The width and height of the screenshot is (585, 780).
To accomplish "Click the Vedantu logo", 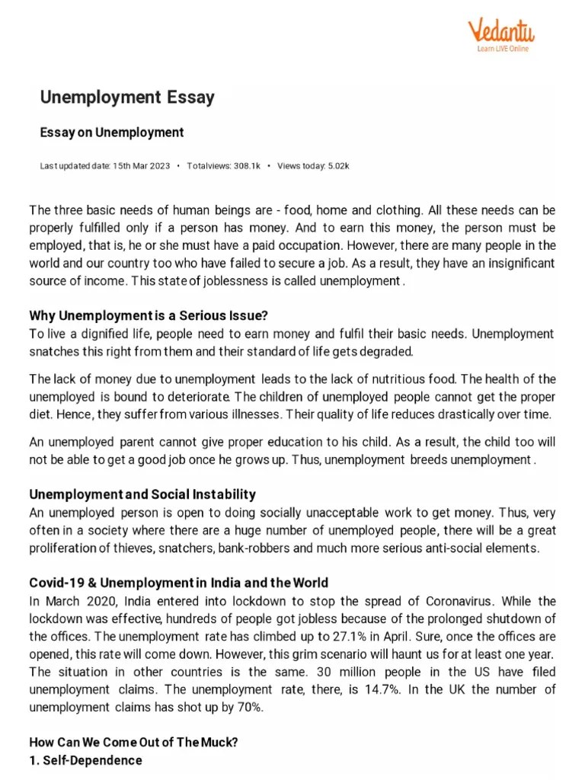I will click(x=500, y=33).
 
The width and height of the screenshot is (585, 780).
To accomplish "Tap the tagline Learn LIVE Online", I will click(x=502, y=50).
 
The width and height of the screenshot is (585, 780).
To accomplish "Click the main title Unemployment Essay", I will click(x=127, y=97).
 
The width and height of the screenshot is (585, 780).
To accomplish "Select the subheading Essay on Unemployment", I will click(x=112, y=133).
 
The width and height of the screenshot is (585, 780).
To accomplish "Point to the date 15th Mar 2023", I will click(x=140, y=165).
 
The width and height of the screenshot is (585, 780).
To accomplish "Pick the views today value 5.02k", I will click(x=338, y=165).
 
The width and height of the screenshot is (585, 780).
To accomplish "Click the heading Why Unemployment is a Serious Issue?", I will click(x=149, y=315).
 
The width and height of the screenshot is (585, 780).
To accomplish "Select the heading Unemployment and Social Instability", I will click(x=142, y=494).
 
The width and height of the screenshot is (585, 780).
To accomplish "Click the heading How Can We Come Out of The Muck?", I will click(x=133, y=742).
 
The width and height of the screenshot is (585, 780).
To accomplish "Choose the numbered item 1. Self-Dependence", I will click(x=85, y=760).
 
